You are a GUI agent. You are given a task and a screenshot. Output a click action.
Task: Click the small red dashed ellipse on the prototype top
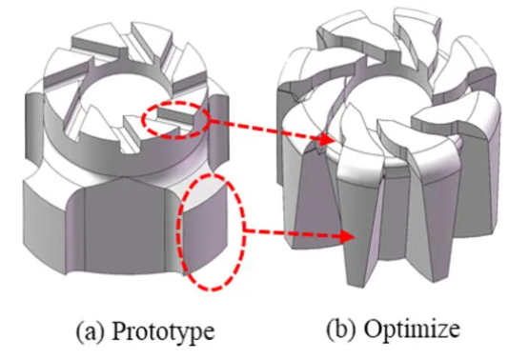pos(174,117)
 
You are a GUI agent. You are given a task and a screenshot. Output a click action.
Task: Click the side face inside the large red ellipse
pos(205,233)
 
